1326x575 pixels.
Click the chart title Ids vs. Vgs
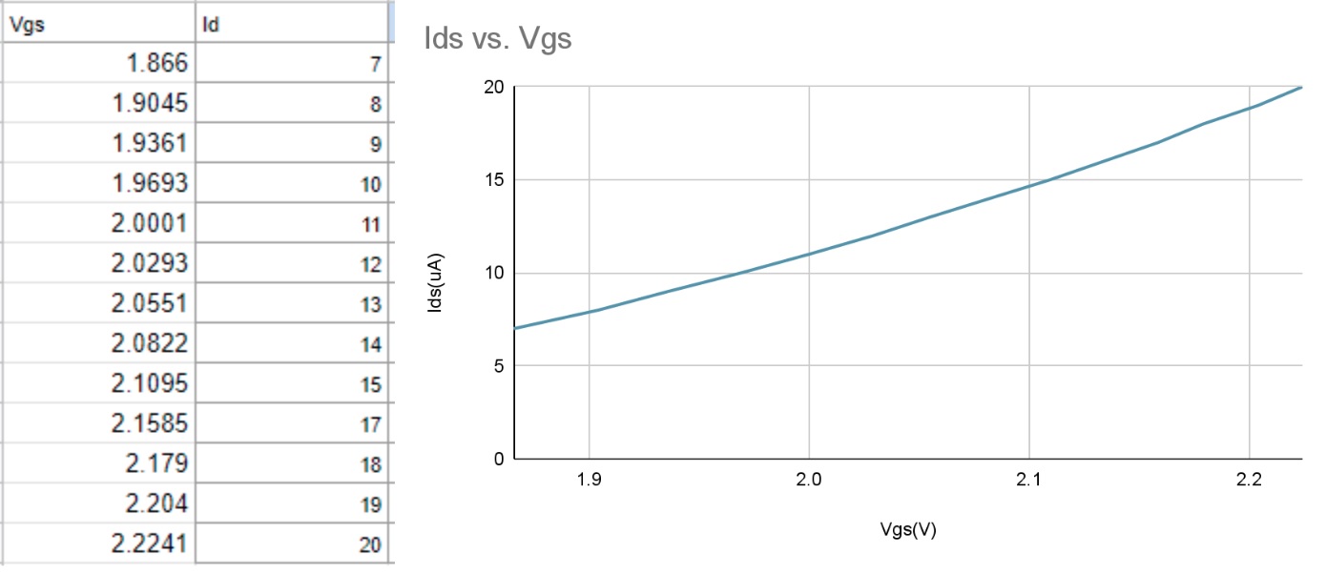[497, 40]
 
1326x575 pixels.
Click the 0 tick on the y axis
[497, 460]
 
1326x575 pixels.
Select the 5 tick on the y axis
[497, 366]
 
